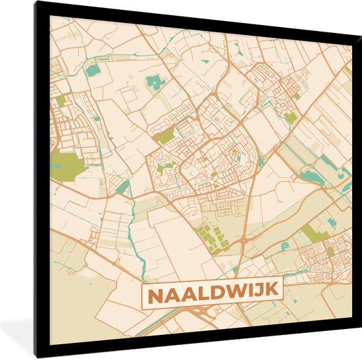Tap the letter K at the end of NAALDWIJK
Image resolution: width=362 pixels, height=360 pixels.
pyautogui.click(x=271, y=290)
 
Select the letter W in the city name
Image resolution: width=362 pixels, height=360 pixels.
pyautogui.click(x=234, y=290)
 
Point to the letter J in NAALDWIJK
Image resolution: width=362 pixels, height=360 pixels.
pyautogui.click(x=259, y=290)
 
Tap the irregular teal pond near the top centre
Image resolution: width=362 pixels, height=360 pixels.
pyautogui.click(x=156, y=82)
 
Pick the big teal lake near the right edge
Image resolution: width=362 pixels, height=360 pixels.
pyautogui.click(x=312, y=176)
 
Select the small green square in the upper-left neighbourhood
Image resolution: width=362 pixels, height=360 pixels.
pyautogui.click(x=61, y=101)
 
